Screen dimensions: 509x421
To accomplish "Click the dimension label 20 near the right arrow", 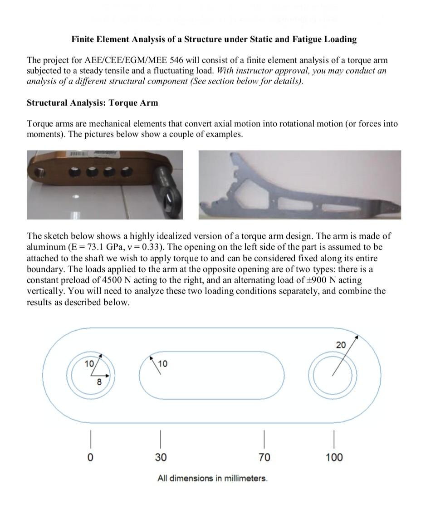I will point(341,345).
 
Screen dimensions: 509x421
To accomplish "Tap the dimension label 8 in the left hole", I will point(99,382).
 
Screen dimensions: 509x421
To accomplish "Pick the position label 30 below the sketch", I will point(161,457).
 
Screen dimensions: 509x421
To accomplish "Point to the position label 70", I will point(264,457).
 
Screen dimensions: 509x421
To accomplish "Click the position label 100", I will point(334,457).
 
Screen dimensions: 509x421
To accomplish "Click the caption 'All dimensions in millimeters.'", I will point(212,478).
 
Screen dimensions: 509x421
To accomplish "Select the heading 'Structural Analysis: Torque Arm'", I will point(93,103).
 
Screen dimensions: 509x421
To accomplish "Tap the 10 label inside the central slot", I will point(162,364).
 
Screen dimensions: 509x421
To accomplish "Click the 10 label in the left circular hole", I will point(89,363).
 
